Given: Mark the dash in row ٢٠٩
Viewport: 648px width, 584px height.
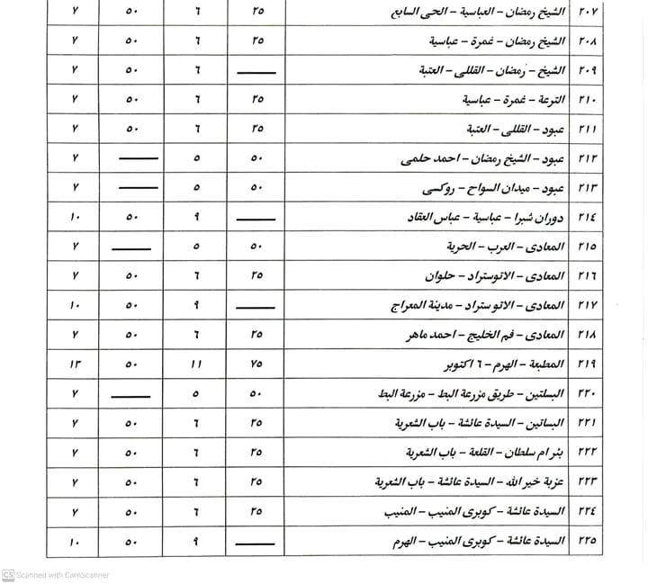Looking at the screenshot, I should (256, 70).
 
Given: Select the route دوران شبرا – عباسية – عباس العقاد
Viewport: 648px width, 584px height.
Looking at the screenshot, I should (467, 217).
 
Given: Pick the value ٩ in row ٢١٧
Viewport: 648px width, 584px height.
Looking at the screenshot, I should (197, 305).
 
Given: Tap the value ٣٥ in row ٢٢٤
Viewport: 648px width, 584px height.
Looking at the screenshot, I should (258, 511).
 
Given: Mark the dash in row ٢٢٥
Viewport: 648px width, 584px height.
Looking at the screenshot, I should (256, 542).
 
